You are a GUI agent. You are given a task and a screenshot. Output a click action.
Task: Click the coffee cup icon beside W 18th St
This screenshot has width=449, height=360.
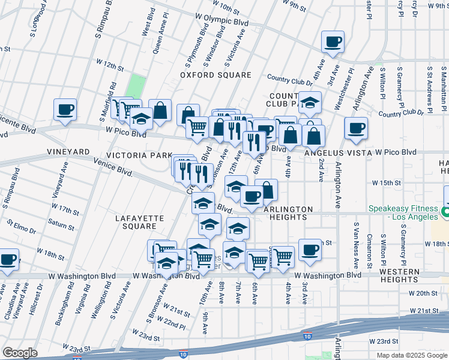coord(310,250)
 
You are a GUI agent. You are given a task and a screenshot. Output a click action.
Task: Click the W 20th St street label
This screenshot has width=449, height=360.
coord(424,293)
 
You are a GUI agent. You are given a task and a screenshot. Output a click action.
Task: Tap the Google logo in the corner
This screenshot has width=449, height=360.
coord(20,353)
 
